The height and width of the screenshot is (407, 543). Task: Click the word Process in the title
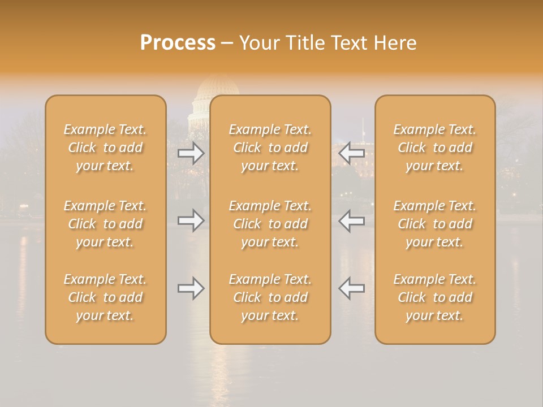[x=178, y=43]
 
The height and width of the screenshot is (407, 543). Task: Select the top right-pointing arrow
[x=191, y=153]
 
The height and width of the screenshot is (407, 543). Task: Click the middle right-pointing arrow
[x=191, y=220]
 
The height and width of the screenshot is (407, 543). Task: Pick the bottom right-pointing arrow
[x=191, y=288]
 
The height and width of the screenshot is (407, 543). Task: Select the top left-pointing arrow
[x=352, y=153]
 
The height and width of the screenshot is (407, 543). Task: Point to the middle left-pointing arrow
[x=352, y=220]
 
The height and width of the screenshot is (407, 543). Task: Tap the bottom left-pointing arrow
[x=352, y=288]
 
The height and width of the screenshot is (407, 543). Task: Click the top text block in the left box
[x=105, y=148]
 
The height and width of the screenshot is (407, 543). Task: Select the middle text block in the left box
[x=105, y=224]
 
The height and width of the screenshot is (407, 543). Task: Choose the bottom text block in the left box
[x=105, y=297]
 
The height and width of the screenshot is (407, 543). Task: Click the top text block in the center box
[x=270, y=148]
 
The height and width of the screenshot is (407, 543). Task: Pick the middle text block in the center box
[x=270, y=224]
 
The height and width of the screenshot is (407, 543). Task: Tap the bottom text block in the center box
[x=270, y=297]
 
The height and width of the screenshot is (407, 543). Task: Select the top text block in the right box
[x=435, y=148]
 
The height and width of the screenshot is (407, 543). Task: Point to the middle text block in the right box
[x=435, y=224]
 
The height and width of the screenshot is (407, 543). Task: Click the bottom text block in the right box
[x=435, y=297]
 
